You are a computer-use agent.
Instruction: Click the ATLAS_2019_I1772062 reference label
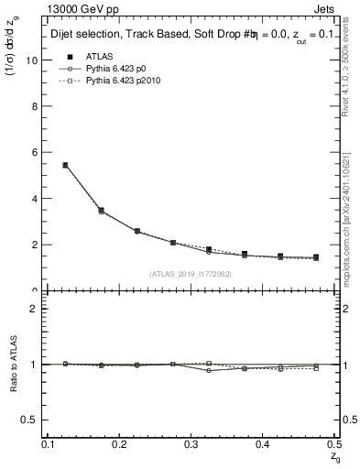point(191,273)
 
